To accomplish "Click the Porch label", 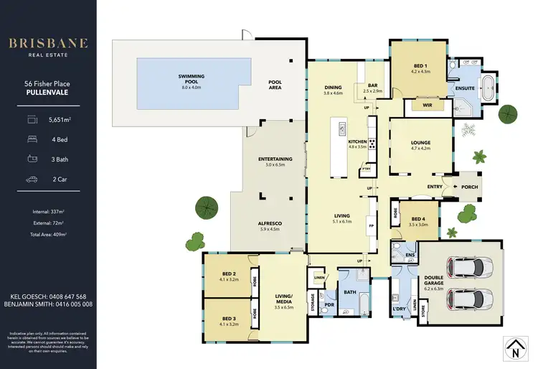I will tap(469, 187).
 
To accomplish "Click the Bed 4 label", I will tap(418, 220).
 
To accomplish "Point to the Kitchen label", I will tap(357, 142).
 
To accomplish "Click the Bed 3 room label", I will tap(229, 319).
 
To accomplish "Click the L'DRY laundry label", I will tap(400, 309).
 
